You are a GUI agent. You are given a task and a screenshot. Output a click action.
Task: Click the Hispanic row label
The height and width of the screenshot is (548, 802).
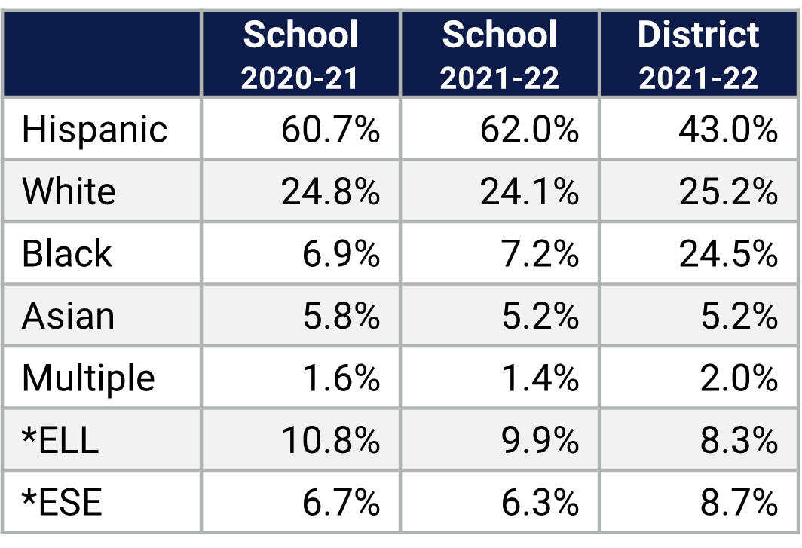point(94,130)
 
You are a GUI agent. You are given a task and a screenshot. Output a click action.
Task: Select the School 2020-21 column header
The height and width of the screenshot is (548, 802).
point(300,55)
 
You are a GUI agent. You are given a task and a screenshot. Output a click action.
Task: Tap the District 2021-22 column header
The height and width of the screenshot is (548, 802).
point(699,55)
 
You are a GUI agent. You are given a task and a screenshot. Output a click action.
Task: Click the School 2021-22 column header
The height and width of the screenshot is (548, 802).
point(500,55)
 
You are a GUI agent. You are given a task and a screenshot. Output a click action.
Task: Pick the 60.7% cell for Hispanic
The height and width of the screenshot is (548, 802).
point(330,130)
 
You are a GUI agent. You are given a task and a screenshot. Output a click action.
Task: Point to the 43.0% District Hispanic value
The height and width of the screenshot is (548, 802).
point(727,130)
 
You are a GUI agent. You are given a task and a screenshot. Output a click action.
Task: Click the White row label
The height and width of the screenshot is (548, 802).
point(69,191)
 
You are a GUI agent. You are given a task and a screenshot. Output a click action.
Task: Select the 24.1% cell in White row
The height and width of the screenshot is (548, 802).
point(529,191)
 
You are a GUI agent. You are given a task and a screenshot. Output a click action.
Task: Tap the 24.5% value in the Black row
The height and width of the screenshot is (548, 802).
point(727,254)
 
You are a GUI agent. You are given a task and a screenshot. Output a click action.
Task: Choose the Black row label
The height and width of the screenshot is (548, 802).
point(66,254)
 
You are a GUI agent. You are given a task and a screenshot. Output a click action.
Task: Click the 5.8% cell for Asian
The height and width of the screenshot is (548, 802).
point(341,316)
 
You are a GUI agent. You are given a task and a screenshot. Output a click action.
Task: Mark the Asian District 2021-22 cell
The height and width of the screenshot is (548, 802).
point(738,316)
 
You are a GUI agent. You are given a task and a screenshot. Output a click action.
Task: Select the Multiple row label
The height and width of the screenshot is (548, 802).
point(88,378)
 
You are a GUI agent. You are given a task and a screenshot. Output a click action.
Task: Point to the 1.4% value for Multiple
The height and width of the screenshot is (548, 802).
point(540,378)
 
